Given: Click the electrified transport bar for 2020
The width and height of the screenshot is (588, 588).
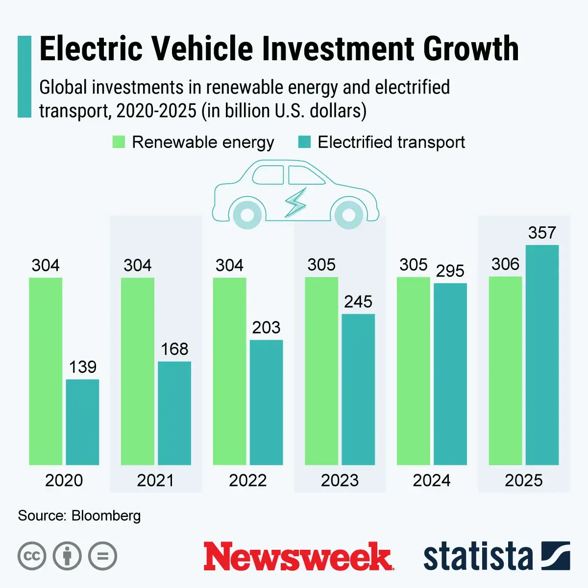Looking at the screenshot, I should (x=82, y=422).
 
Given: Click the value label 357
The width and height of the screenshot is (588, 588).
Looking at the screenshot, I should (x=542, y=233).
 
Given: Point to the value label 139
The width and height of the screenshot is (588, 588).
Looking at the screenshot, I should (x=82, y=367).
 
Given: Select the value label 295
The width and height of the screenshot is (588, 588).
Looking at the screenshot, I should (x=450, y=271).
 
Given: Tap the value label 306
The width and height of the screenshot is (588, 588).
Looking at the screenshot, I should (x=505, y=265).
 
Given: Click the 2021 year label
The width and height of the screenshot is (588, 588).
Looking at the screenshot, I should (x=155, y=480).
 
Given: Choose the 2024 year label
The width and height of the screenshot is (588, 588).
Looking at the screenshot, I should (x=431, y=480).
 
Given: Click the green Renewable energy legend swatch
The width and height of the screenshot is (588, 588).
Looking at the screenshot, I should (x=119, y=142).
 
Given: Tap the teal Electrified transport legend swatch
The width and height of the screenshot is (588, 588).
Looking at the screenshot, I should (x=305, y=142).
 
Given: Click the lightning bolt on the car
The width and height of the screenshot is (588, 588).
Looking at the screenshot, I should (x=295, y=202).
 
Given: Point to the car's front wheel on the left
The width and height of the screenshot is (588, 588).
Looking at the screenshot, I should (x=247, y=215).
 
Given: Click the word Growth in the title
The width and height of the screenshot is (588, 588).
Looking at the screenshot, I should (x=471, y=49).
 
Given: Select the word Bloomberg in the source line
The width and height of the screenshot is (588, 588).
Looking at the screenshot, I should (x=106, y=515).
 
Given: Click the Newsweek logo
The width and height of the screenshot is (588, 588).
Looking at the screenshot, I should (x=298, y=556).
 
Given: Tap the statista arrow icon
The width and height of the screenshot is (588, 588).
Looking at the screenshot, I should (x=556, y=556).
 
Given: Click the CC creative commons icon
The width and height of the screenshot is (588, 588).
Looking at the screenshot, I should (x=32, y=556).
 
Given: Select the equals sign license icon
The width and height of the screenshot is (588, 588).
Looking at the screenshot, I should (x=102, y=556).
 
